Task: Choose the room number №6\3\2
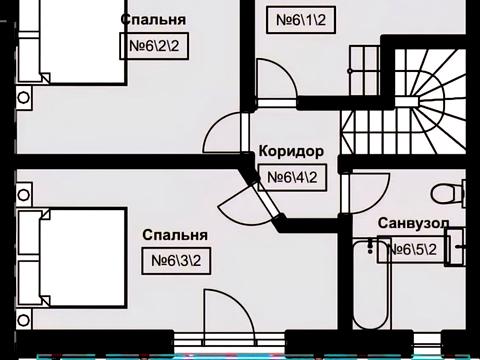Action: click(x=177, y=261)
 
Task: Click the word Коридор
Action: click(x=291, y=152)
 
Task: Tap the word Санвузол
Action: click(x=413, y=223)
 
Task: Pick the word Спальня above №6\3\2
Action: click(x=174, y=236)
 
